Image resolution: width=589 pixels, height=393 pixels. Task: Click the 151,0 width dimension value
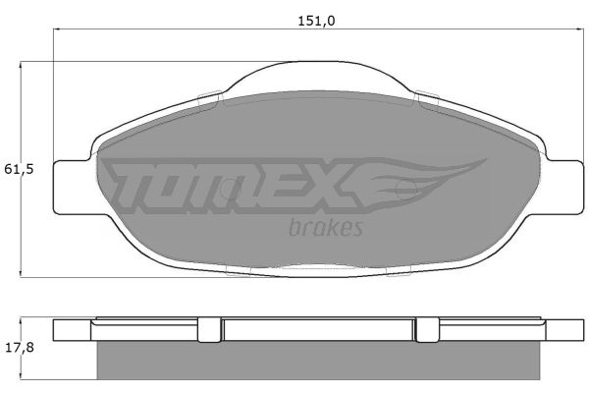point(316,21)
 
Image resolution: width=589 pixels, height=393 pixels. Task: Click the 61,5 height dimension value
point(20,169)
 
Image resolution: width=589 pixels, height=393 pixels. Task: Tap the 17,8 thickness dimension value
point(20,348)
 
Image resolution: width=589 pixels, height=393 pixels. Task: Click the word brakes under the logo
point(326,227)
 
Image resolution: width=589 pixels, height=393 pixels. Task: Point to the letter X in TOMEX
point(331,186)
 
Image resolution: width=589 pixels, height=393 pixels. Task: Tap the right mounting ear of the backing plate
point(564,188)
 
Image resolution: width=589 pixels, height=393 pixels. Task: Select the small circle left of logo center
point(231,189)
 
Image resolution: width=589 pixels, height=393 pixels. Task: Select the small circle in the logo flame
point(406,189)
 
